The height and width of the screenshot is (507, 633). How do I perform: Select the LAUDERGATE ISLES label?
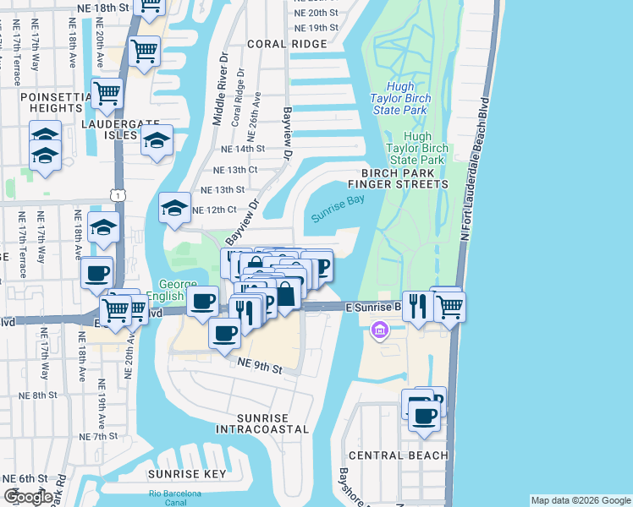(x=109, y=128)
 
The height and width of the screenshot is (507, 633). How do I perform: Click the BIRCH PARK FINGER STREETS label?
(x=398, y=177)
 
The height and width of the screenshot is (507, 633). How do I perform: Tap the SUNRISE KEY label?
(x=186, y=474)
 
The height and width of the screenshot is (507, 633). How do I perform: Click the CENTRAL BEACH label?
(x=398, y=455)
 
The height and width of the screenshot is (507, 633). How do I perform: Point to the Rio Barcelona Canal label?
(x=174, y=498)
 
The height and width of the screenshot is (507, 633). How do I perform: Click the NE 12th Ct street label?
(x=213, y=209)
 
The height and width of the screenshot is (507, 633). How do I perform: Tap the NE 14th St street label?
(x=243, y=148)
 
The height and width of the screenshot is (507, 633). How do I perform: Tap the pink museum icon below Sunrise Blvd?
(x=380, y=329)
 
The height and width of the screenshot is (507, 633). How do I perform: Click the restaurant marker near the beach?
(x=417, y=305)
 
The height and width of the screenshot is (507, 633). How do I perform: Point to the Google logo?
(x=28, y=496)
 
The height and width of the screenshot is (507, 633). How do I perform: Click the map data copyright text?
(x=580, y=500)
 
